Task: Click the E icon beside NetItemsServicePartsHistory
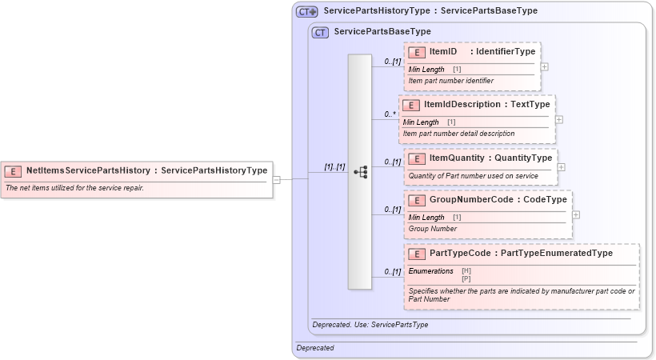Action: tap(14, 170)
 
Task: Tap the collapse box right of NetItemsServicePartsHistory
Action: tap(276, 180)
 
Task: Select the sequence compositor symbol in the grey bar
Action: tap(360, 172)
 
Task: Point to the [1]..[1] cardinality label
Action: tap(334, 167)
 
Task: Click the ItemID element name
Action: tap(443, 52)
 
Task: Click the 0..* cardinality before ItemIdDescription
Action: tap(390, 114)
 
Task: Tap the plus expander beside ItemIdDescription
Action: tap(558, 119)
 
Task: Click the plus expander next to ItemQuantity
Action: tap(561, 167)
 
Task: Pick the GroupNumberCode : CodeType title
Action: tap(487, 199)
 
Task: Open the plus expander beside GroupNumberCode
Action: tap(576, 214)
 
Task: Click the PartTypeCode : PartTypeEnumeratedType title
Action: tap(521, 253)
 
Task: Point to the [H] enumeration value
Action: tap(466, 270)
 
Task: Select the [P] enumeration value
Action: tap(466, 278)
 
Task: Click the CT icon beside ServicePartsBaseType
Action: tap(320, 32)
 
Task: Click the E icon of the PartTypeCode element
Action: tap(416, 254)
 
